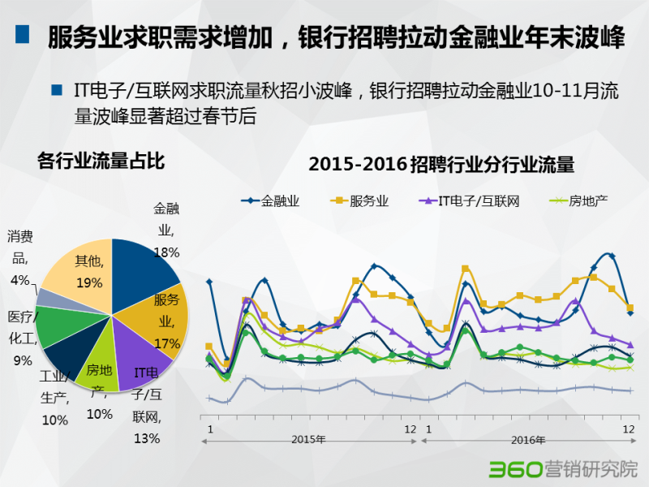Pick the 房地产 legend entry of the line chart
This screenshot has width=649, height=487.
click(579, 200)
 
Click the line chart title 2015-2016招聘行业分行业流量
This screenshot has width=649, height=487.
click(441, 165)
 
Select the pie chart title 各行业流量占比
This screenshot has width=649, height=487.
click(101, 161)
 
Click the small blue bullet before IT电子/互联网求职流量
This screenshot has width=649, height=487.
click(56, 90)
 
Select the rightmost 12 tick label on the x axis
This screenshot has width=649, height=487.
click(628, 429)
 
